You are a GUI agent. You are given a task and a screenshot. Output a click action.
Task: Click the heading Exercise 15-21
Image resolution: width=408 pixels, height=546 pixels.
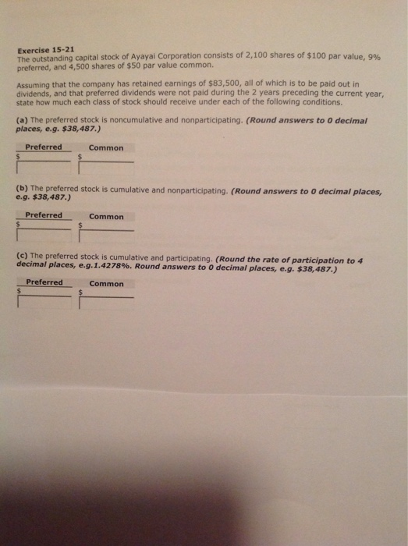coord(45,48)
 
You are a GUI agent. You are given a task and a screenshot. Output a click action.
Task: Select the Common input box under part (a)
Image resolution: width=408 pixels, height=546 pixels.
coord(108,166)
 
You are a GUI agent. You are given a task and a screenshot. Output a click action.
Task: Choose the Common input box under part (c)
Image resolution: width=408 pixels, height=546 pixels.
coord(108,300)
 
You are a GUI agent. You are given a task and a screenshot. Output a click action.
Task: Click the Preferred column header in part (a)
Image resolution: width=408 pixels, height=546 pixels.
coord(44,147)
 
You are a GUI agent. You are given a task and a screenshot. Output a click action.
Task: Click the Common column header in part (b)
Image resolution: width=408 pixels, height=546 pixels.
coord(106,216)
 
